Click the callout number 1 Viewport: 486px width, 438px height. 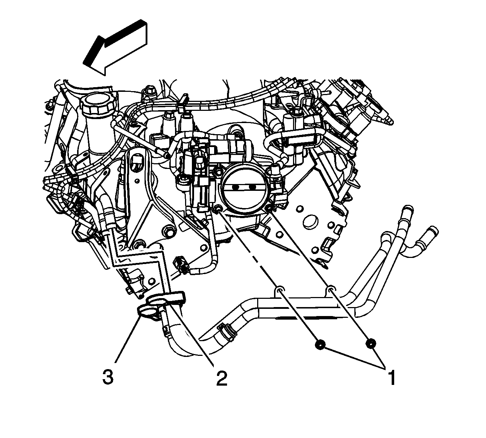click(392, 378)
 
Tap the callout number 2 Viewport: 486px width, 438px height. click(221, 378)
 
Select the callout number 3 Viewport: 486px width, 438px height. click(108, 378)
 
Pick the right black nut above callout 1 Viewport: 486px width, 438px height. click(371, 344)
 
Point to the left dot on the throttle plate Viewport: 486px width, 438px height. click(235, 187)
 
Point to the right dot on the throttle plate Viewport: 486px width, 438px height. click(253, 187)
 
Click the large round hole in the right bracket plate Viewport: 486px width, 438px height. click(310, 221)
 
